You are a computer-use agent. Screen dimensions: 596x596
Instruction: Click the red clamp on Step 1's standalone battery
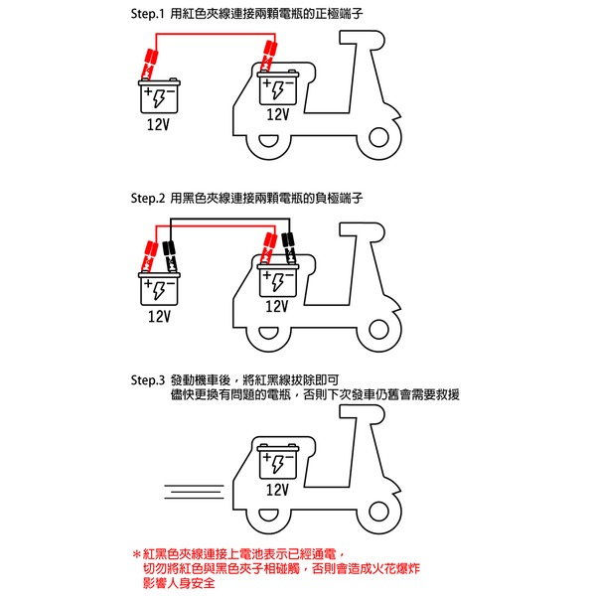(147, 62)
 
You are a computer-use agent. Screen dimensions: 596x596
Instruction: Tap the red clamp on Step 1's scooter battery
(266, 57)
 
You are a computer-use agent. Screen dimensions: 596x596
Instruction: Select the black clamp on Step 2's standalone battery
(170, 252)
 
